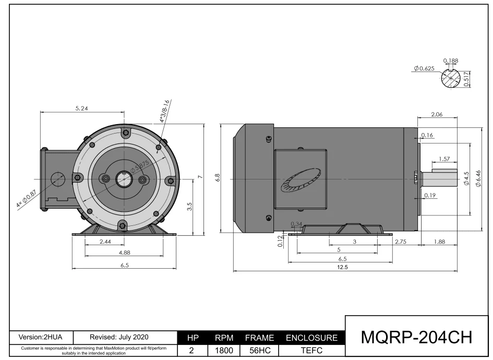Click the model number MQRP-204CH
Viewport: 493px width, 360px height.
click(417, 337)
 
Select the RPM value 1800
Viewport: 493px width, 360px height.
click(224, 350)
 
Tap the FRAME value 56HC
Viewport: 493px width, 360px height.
click(259, 350)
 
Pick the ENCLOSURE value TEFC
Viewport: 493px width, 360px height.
click(311, 350)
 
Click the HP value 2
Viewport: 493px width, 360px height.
click(191, 350)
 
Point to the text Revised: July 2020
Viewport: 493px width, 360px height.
click(119, 338)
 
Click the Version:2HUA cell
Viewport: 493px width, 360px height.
click(41, 338)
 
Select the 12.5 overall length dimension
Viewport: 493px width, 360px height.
click(342, 267)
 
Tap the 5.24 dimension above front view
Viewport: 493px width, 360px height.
click(82, 109)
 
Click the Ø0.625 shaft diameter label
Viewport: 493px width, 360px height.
click(424, 68)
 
